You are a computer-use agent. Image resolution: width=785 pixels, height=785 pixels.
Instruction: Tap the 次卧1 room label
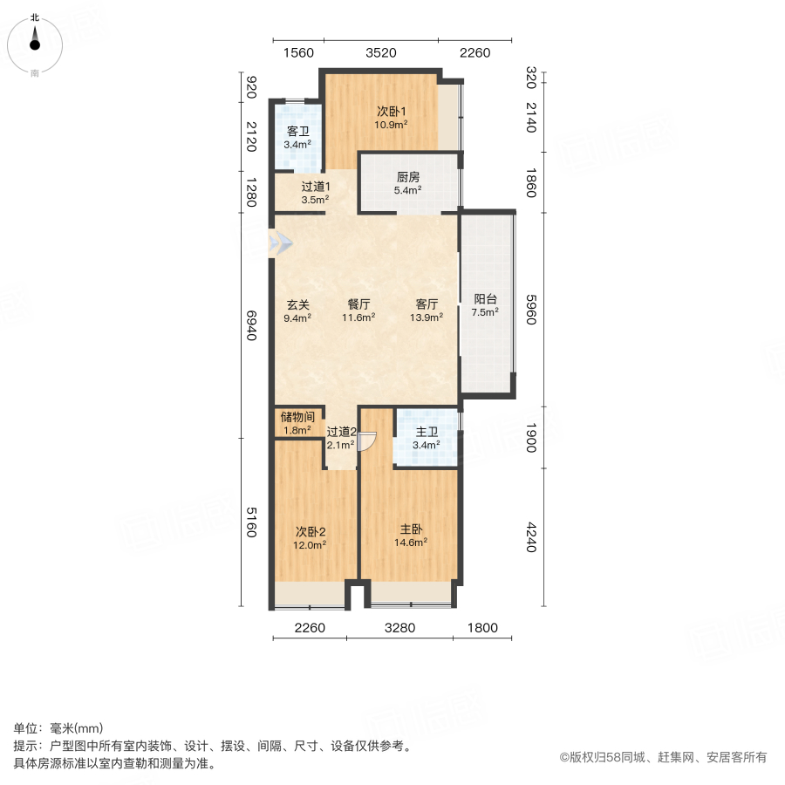(392, 112)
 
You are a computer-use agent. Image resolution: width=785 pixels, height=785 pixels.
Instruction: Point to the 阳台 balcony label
(485, 298)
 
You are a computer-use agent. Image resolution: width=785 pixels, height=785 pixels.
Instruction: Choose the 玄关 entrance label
(297, 305)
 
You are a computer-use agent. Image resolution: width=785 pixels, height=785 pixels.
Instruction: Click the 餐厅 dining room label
(359, 305)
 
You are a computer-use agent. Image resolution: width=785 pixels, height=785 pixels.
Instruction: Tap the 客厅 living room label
(427, 305)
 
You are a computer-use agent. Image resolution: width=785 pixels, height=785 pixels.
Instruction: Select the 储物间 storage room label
(297, 417)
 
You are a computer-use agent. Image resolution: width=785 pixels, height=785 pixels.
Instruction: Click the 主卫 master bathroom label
(426, 431)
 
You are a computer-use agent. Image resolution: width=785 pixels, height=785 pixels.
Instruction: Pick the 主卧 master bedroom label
(413, 529)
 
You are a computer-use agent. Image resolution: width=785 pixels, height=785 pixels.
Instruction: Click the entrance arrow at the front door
(282, 243)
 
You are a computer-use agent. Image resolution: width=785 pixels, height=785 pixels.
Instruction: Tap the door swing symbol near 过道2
(367, 442)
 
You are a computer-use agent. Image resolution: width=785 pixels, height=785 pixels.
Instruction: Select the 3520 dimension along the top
(381, 52)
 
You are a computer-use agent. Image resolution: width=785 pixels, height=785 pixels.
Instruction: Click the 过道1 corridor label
(315, 187)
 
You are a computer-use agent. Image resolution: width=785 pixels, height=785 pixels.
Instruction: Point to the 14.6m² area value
(413, 543)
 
